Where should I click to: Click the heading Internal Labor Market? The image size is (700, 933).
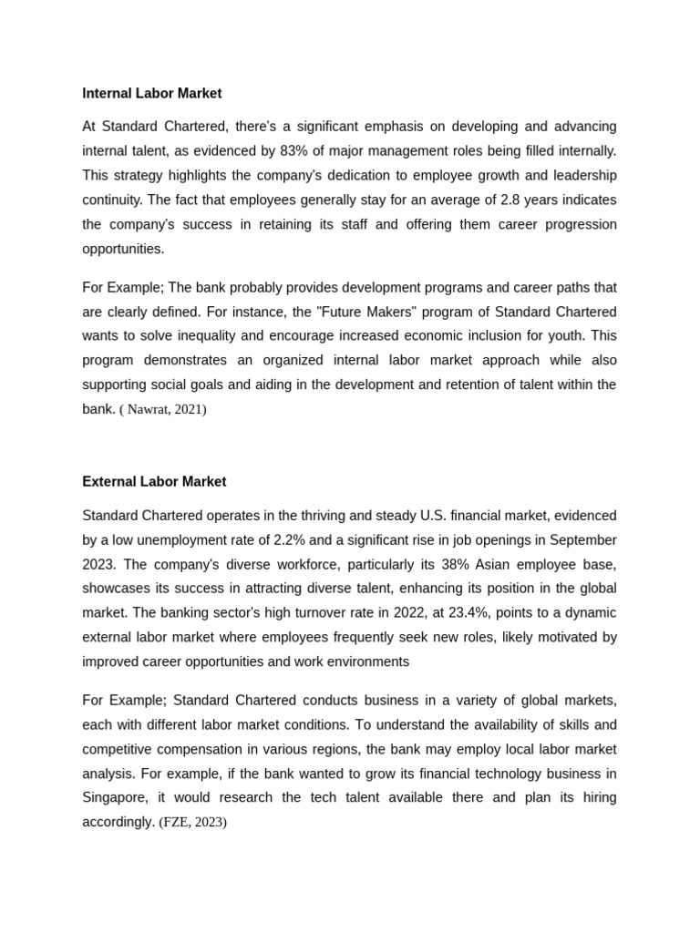(151, 93)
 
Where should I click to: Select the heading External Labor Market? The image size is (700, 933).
(154, 481)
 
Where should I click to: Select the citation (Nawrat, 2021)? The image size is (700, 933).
(163, 409)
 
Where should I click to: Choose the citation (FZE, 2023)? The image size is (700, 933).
(193, 822)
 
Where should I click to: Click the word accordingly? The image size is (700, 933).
(118, 822)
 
